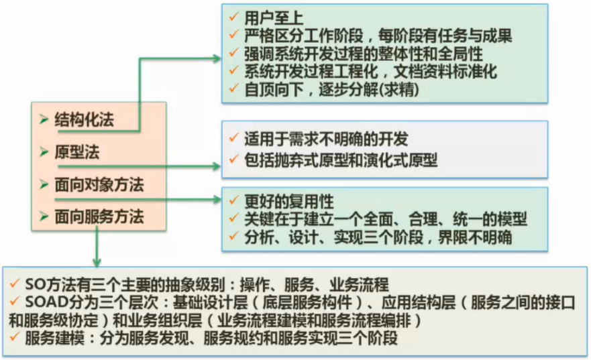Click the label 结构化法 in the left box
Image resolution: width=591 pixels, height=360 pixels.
click(85, 121)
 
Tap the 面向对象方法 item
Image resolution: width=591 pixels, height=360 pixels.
click(99, 183)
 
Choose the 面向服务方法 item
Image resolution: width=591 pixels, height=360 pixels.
click(99, 216)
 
